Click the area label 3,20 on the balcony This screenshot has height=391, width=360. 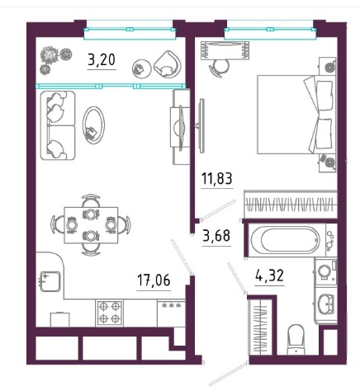(x=101, y=60)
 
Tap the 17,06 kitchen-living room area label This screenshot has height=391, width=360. (x=154, y=280)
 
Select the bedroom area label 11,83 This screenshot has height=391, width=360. (x=217, y=178)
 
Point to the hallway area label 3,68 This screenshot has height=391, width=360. (x=216, y=236)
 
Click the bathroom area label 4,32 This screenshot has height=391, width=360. (x=269, y=276)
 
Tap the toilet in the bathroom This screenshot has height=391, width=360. (x=296, y=340)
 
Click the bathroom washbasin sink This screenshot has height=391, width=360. (x=326, y=304)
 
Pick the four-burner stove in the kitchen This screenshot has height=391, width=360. (x=110, y=313)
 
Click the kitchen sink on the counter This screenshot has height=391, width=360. (x=50, y=281)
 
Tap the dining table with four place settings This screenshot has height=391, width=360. (x=91, y=225)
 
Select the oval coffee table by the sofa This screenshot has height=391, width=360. (x=93, y=125)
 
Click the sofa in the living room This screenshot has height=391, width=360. (x=58, y=125)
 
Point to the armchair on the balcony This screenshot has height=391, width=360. (x=168, y=64)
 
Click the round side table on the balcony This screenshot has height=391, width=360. (x=142, y=68)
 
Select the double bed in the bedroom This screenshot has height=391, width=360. (x=296, y=115)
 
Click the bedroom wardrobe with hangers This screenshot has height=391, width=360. (x=291, y=205)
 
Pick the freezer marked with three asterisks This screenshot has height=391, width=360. (x=171, y=313)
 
